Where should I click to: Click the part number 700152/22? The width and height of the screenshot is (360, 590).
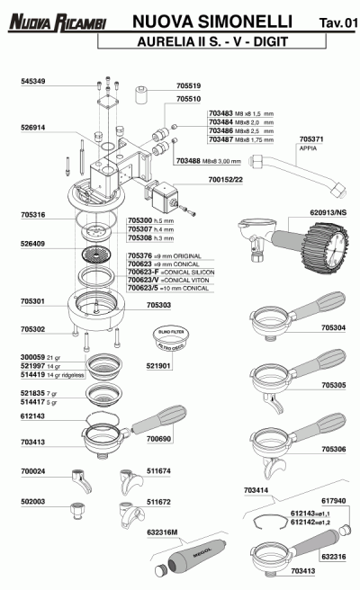click(x=227, y=181)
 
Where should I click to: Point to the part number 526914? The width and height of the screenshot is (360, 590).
click(x=32, y=127)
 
